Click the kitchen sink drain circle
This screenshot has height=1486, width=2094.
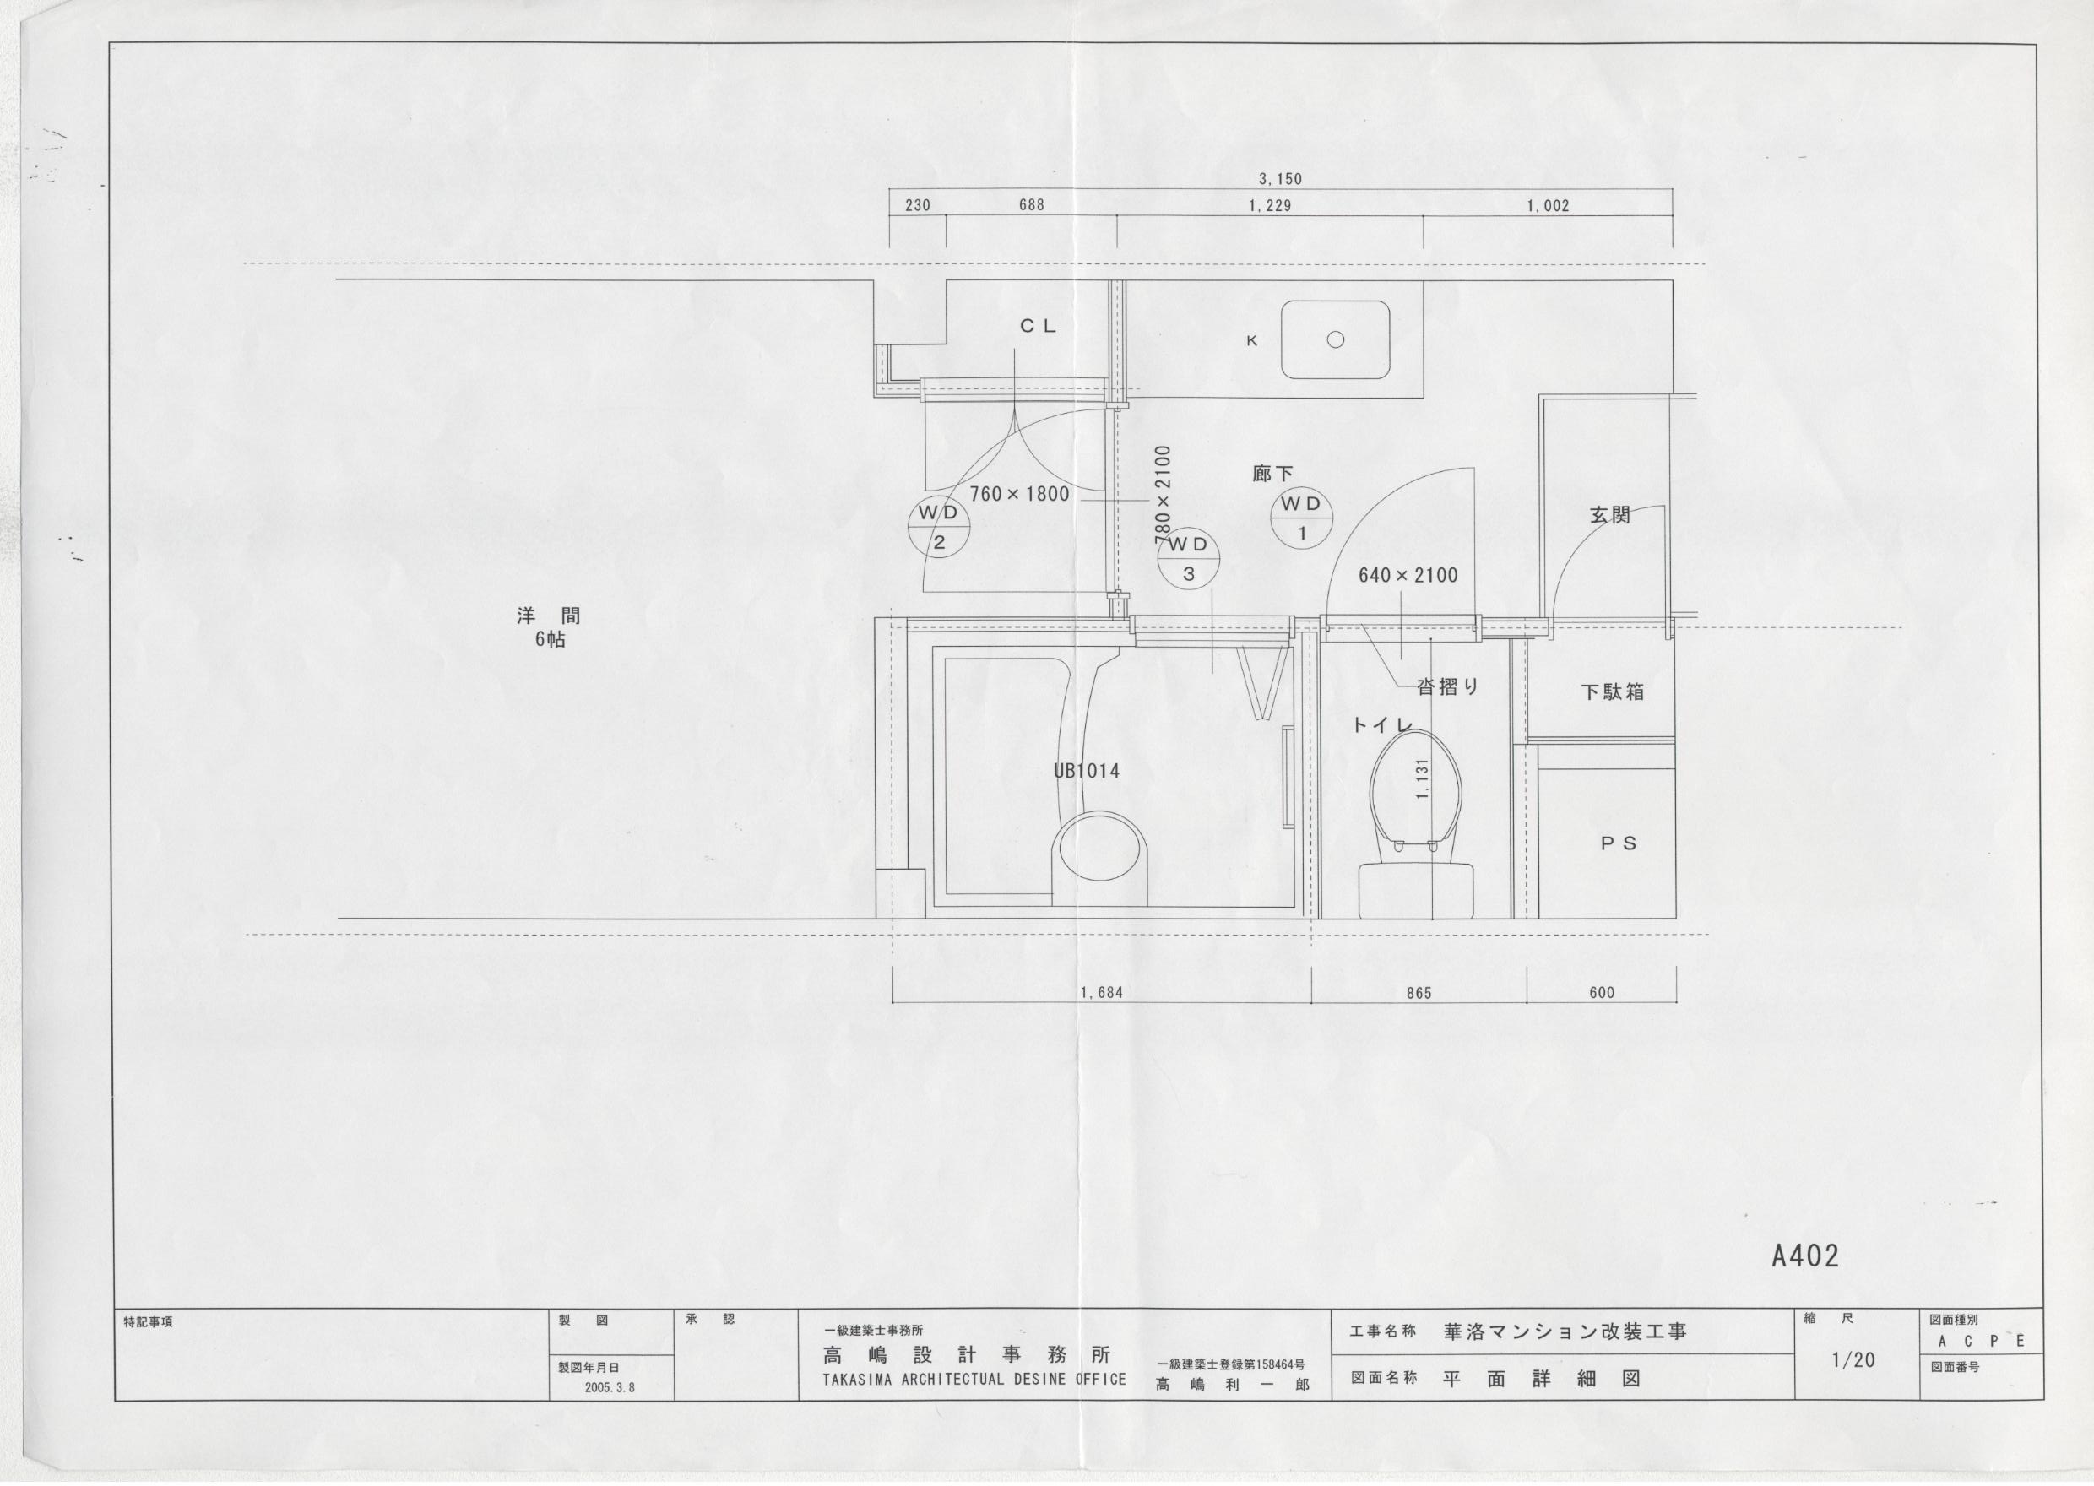tap(1335, 339)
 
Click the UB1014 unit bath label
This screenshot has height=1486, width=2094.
tap(1086, 772)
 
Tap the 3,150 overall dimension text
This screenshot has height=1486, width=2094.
tap(1280, 179)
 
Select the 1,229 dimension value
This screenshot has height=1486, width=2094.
tap(1270, 206)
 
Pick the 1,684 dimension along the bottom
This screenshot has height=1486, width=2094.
tap(1100, 993)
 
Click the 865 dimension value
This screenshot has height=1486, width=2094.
tap(1419, 993)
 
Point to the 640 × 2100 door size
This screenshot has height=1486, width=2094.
tap(1408, 576)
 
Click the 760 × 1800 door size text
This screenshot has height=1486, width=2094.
tap(1019, 495)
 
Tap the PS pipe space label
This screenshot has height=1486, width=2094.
tap(1619, 843)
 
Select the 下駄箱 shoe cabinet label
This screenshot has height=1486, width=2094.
tap(1613, 691)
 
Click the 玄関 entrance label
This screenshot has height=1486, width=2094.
tap(1610, 515)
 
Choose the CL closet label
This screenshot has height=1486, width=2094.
tap(1039, 326)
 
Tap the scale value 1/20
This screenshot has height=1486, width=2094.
tap(1853, 1361)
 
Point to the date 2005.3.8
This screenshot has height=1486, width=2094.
tap(610, 1387)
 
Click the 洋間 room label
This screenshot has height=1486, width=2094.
tap(549, 616)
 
